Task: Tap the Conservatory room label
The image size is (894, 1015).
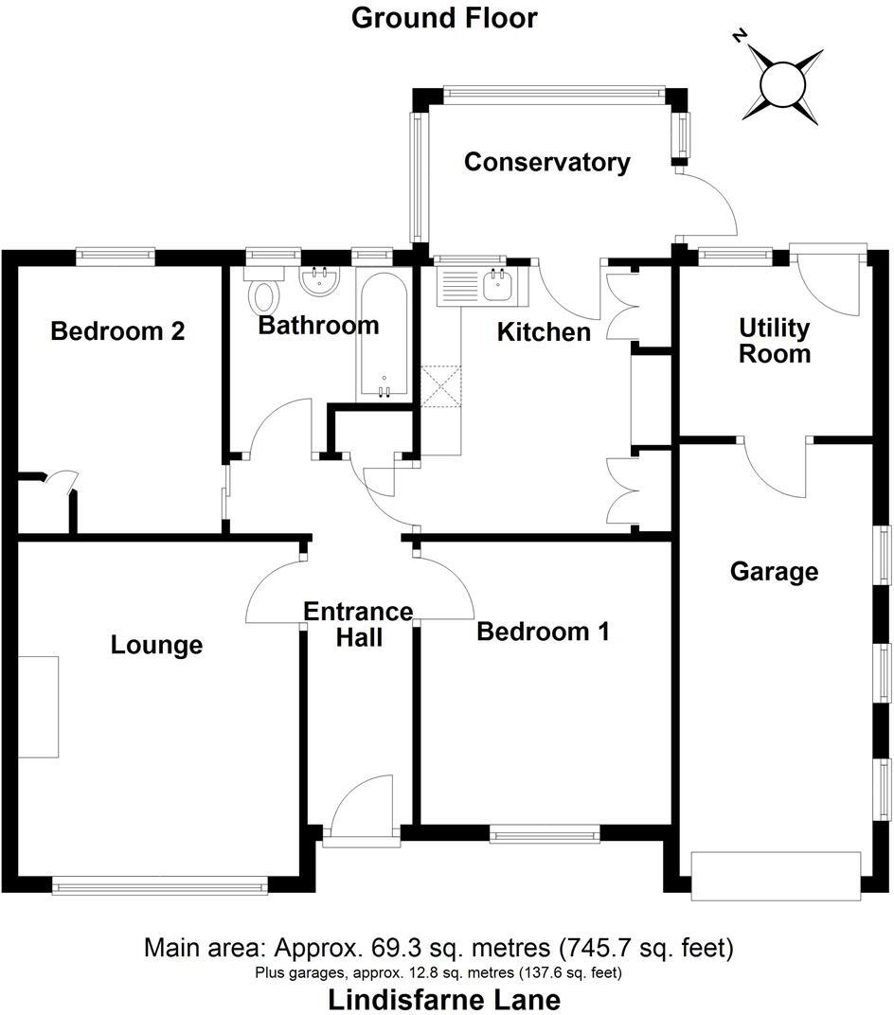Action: click(x=546, y=162)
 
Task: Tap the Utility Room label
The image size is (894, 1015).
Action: click(x=775, y=341)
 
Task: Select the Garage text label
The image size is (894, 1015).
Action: click(x=774, y=571)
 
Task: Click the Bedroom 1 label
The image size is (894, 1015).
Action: click(x=543, y=631)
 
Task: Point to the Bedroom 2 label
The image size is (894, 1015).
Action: click(x=117, y=331)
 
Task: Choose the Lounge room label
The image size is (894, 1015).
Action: click(x=156, y=645)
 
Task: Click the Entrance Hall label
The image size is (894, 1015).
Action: click(x=357, y=625)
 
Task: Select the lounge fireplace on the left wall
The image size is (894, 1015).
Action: click(x=39, y=706)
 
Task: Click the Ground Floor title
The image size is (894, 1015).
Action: click(x=444, y=18)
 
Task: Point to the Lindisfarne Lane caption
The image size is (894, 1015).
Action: click(x=444, y=999)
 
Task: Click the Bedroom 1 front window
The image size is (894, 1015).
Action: click(x=545, y=834)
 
